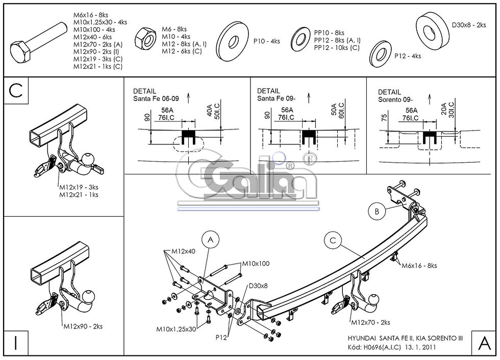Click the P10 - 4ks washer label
click(x=266, y=41)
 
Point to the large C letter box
click(x=16, y=90)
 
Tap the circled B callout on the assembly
click(x=377, y=210)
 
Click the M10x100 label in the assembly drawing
click(x=256, y=264)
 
